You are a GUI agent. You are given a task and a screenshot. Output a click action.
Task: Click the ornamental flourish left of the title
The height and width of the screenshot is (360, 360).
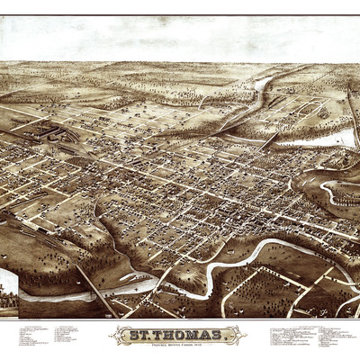coord(118,336)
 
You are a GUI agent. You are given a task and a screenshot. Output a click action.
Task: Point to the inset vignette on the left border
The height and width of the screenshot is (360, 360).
coord(8,288)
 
